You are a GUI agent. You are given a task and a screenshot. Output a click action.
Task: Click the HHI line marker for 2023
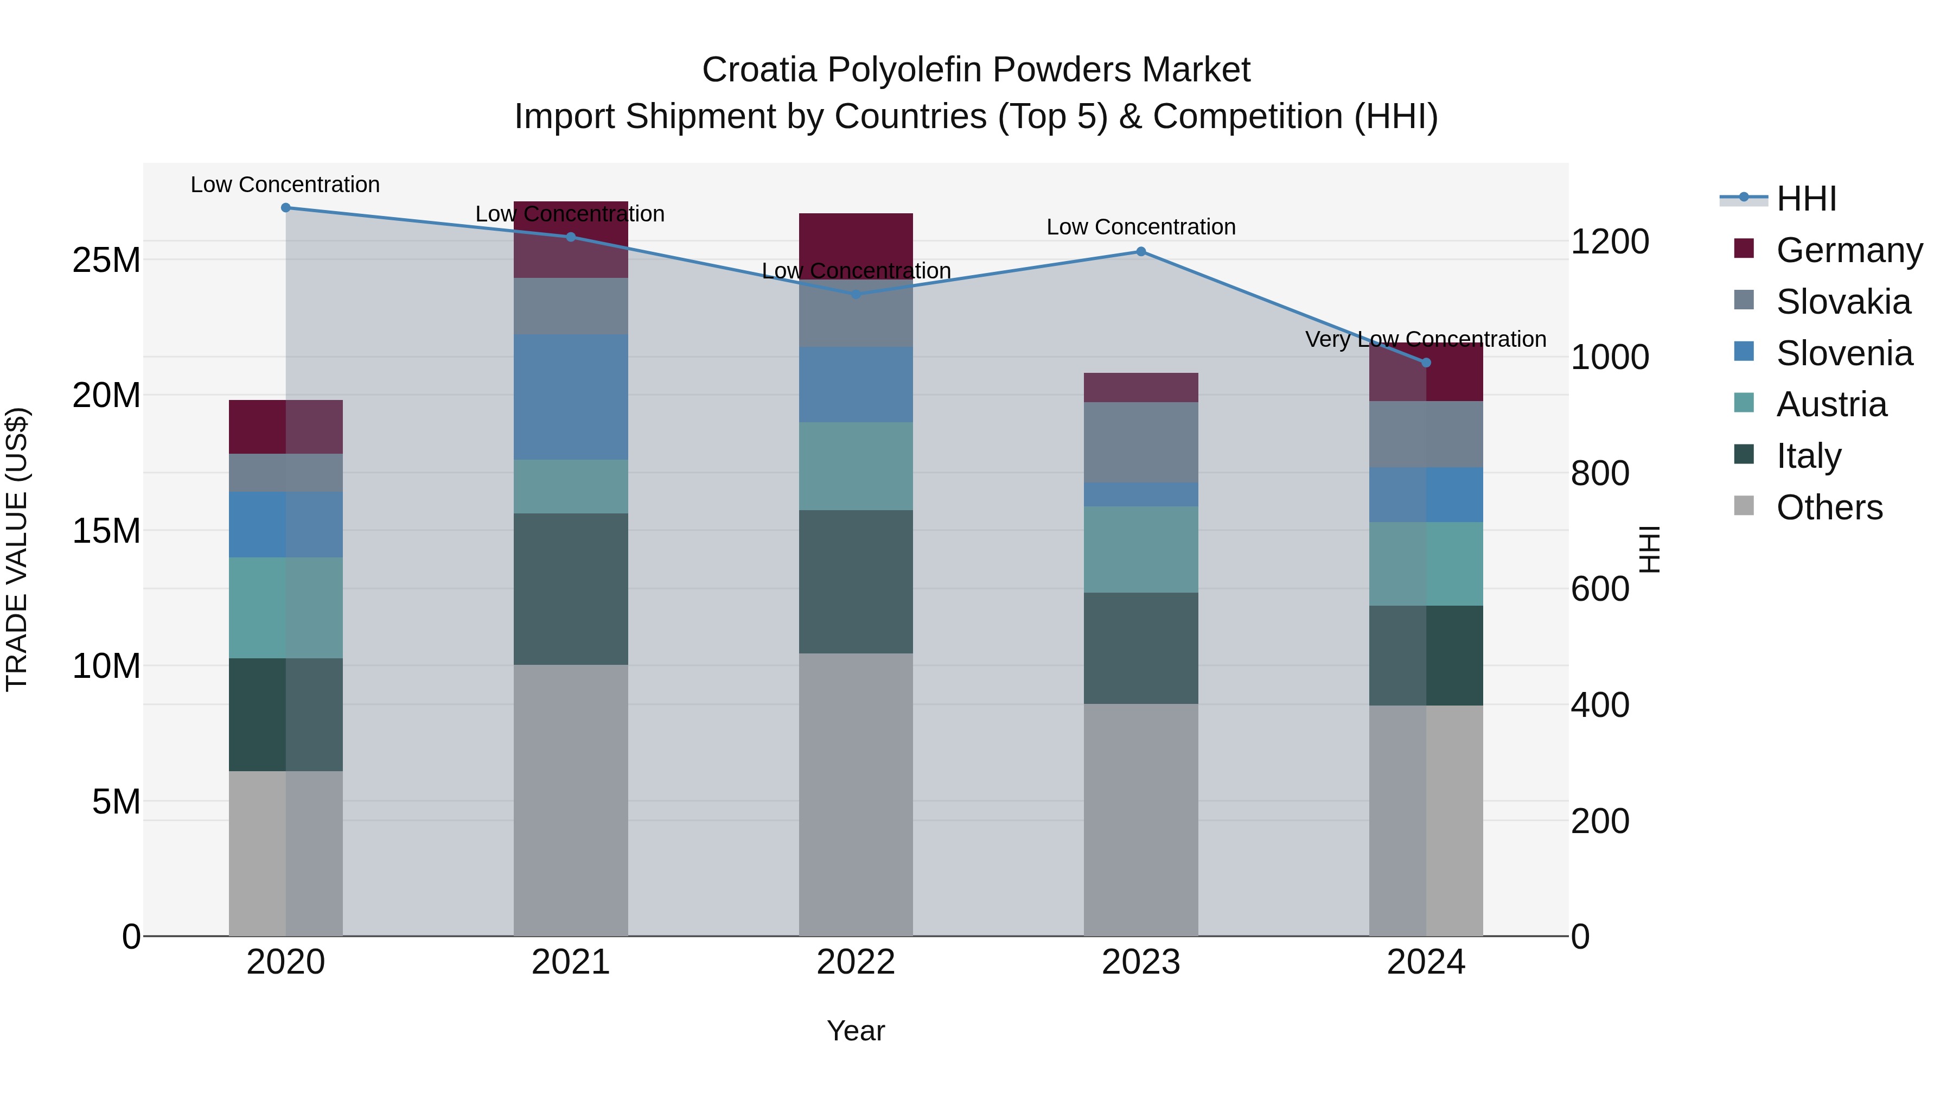(x=1141, y=251)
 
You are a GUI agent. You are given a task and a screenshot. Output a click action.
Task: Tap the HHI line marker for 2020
(x=286, y=207)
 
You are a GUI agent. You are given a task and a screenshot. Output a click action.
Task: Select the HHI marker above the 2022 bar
(x=856, y=294)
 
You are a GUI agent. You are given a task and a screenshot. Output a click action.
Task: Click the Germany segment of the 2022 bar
(x=856, y=243)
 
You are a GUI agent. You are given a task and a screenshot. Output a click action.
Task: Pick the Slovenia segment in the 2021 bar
(x=571, y=397)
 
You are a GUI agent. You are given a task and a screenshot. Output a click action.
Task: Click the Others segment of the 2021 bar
(x=571, y=800)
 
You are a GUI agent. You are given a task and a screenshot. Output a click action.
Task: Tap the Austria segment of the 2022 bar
(x=856, y=466)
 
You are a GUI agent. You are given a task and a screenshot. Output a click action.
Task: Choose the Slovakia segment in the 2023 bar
(x=1141, y=442)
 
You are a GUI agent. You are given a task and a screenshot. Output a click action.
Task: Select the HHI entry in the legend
(x=1806, y=199)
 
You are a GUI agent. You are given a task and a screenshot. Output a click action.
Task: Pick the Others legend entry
(x=1829, y=507)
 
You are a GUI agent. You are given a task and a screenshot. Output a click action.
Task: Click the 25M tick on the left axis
(x=106, y=260)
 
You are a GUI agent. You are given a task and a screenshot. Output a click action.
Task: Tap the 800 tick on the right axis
(x=1600, y=473)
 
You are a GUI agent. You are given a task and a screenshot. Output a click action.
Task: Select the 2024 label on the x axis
(x=1425, y=962)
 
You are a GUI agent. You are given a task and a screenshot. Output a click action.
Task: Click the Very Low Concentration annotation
(x=1425, y=339)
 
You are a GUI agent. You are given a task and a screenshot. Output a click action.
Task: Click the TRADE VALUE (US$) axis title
(x=17, y=549)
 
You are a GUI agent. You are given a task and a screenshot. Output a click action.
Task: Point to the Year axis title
(x=856, y=1031)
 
